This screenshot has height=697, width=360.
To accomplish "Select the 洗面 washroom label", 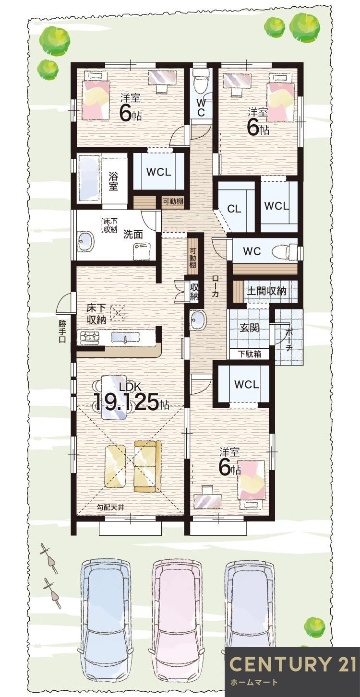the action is tap(133, 234).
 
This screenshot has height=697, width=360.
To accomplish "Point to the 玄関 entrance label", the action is tap(250, 327).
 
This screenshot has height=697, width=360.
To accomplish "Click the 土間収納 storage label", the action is tap(266, 291).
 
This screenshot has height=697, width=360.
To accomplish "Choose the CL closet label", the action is tap(234, 209).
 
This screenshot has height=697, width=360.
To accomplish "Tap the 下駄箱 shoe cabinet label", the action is tap(249, 354).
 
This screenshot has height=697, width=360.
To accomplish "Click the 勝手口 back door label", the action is tap(62, 331).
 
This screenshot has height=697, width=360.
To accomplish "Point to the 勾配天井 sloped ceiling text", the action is tap(110, 507).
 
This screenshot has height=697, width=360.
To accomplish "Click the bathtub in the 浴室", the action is tap(88, 178).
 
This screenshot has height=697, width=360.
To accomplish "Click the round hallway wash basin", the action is tap(197, 319).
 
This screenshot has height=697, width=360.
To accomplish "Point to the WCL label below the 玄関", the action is tap(246, 385).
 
